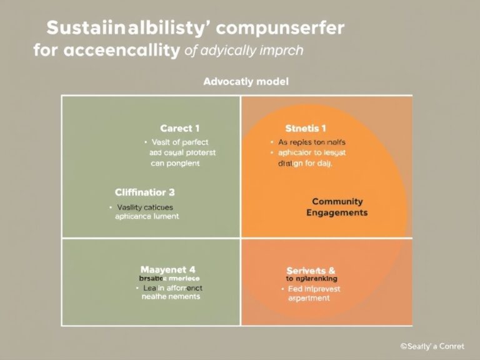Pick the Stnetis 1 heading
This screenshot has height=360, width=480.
click(x=306, y=129)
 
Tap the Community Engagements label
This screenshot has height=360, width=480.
click(x=337, y=207)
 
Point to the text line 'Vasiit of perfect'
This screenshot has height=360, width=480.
click(x=179, y=142)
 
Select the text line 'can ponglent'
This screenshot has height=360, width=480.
click(x=175, y=163)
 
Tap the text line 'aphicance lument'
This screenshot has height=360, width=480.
click(x=147, y=216)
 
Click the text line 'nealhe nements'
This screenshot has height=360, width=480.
click(x=171, y=297)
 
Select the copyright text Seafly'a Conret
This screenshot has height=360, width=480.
click(x=433, y=346)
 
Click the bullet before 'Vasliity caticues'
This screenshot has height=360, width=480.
click(x=110, y=206)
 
